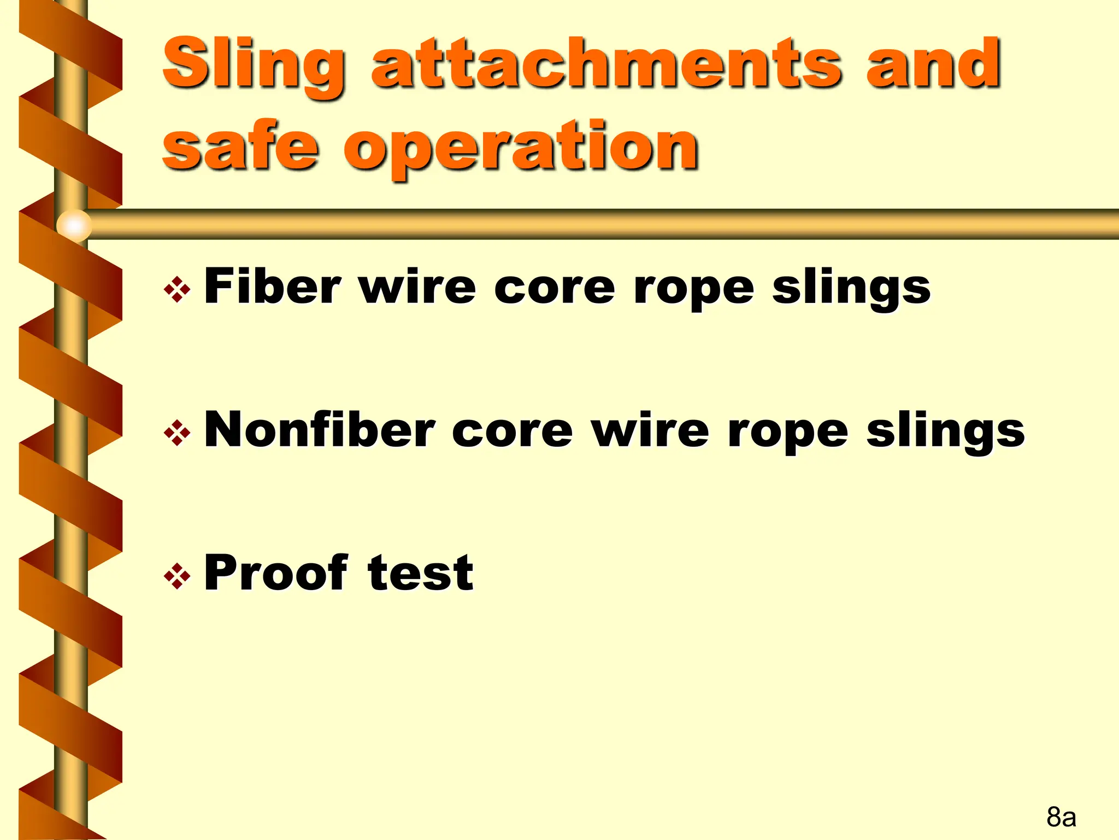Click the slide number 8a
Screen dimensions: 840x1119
pyautogui.click(x=1061, y=817)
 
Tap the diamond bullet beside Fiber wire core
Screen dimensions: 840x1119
pyautogui.click(x=177, y=290)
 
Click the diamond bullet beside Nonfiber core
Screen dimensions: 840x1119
pyautogui.click(x=177, y=434)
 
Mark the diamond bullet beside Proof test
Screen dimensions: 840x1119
pyautogui.click(x=177, y=576)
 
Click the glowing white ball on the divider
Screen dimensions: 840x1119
pyautogui.click(x=74, y=225)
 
